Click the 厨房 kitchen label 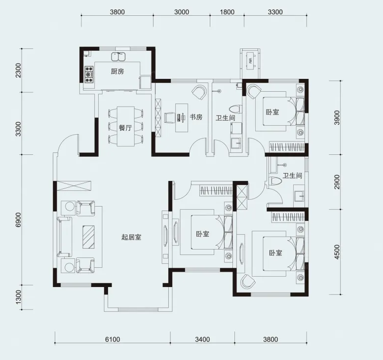click(117, 72)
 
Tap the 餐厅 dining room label click(125, 128)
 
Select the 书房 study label click(196, 117)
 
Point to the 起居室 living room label click(131, 237)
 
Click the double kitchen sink click(118, 56)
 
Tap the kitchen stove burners click(89, 74)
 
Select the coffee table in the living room click(88, 237)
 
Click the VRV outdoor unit click(250, 61)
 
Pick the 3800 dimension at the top click(117, 12)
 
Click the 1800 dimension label click(227, 12)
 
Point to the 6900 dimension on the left click(18, 219)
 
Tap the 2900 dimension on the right click(337, 182)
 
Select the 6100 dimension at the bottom click(113, 339)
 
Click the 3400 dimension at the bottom click(202, 339)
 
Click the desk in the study click(182, 118)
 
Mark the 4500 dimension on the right click(337, 252)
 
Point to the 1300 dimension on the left click(18, 297)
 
